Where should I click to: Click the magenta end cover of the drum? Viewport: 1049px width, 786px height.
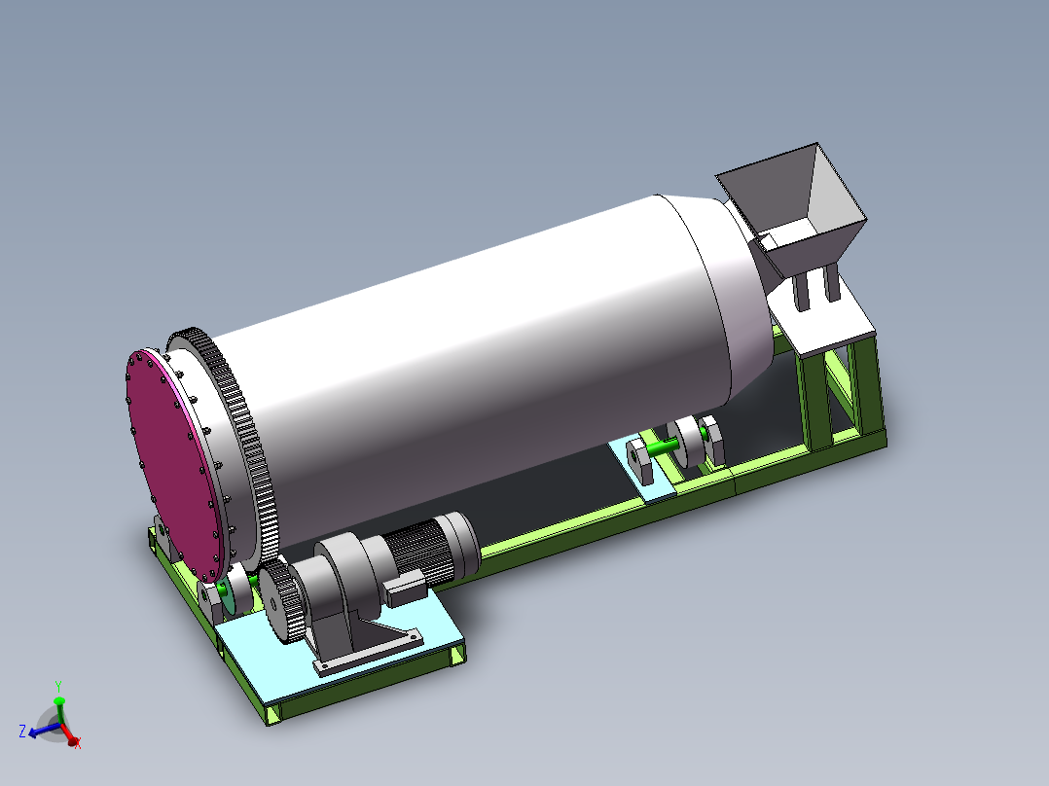click(x=175, y=457)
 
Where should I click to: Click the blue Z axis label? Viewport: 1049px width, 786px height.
click(x=21, y=731)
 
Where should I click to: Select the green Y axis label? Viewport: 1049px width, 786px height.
click(x=58, y=686)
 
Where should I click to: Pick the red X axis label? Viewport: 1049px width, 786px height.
click(x=77, y=744)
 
